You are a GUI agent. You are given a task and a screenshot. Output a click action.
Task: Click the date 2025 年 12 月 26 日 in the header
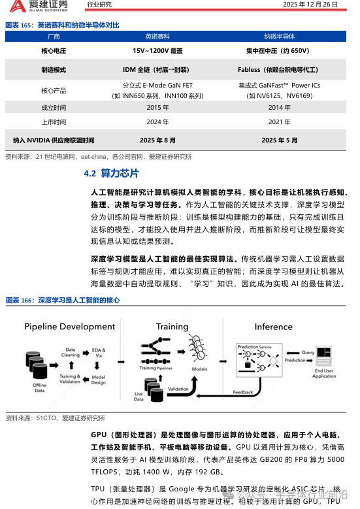[x=310, y=5]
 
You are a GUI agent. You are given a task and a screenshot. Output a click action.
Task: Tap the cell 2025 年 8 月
[x=157, y=140]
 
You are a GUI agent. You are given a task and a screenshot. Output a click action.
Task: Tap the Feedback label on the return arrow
[x=242, y=392]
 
